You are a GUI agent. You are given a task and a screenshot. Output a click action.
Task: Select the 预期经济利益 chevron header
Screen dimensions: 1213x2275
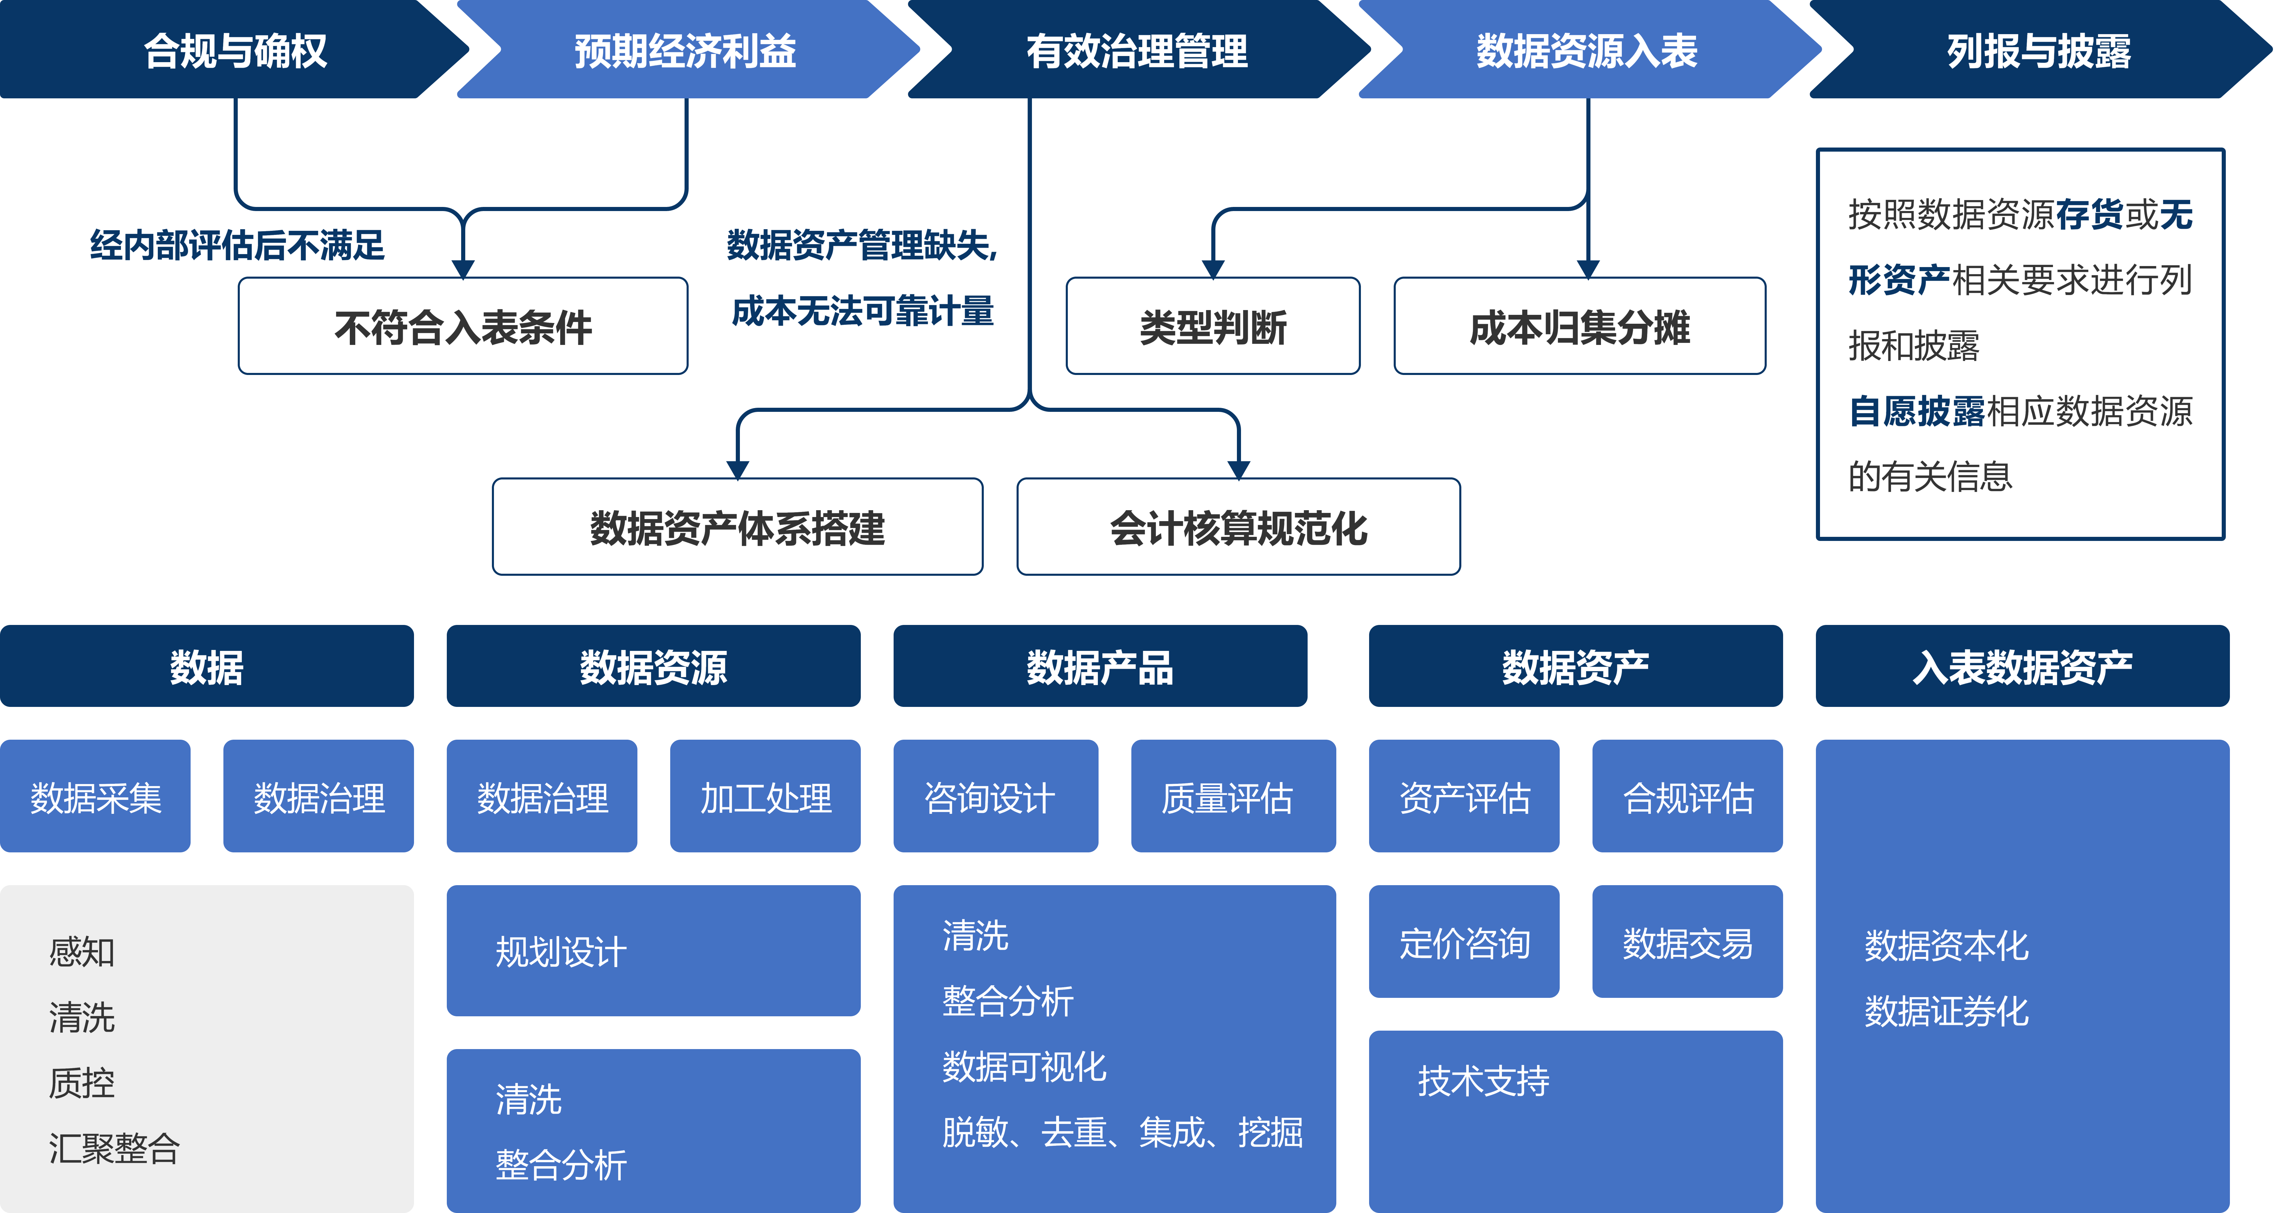pyautogui.click(x=685, y=50)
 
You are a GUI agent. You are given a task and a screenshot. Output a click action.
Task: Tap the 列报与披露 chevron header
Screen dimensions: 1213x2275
pyautogui.click(x=2038, y=50)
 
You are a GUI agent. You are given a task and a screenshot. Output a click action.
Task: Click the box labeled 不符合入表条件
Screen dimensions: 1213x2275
pyautogui.click(x=463, y=327)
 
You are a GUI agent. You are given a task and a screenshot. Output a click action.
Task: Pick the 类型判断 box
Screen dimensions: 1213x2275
pyautogui.click(x=1213, y=327)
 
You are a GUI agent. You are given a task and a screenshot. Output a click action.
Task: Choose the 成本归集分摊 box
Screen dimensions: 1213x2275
pyautogui.click(x=1579, y=327)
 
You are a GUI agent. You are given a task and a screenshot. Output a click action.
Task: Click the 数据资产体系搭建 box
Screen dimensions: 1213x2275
pyautogui.click(x=737, y=527)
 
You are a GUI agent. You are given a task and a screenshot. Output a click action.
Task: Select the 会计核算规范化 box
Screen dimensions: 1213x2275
pyautogui.click(x=1238, y=527)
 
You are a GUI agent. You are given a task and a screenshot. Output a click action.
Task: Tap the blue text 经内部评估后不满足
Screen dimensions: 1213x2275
pyautogui.click(x=237, y=245)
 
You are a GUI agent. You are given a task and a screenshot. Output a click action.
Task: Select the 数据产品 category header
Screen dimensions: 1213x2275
pyautogui.click(x=1100, y=667)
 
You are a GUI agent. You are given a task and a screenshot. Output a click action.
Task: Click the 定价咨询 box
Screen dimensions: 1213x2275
pyautogui.click(x=1463, y=942)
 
